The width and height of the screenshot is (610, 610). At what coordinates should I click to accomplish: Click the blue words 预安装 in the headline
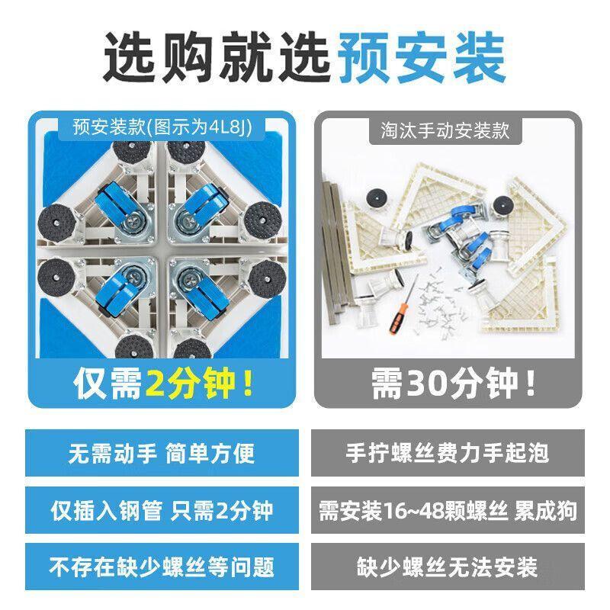pyautogui.click(x=422, y=58)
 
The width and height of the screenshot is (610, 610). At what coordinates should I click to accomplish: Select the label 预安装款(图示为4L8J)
pyautogui.click(x=162, y=127)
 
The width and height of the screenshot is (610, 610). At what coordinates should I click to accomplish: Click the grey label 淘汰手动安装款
pyautogui.click(x=445, y=130)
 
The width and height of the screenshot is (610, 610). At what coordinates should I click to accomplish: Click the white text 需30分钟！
pyautogui.click(x=454, y=383)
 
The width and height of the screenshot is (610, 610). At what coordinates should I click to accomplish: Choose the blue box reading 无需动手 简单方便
pyautogui.click(x=162, y=453)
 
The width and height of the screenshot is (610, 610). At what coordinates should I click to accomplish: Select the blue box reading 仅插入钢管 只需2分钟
pyautogui.click(x=162, y=510)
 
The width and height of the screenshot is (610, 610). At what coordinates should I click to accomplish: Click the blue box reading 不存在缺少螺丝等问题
pyautogui.click(x=162, y=567)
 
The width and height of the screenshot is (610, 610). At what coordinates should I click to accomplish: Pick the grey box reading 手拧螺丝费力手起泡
pyautogui.click(x=448, y=453)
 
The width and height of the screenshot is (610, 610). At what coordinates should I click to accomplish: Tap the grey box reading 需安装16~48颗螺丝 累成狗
pyautogui.click(x=448, y=510)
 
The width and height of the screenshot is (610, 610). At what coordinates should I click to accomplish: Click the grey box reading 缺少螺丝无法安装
pyautogui.click(x=448, y=567)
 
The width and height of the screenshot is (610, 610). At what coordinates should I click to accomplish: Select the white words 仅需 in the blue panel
pyautogui.click(x=108, y=383)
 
